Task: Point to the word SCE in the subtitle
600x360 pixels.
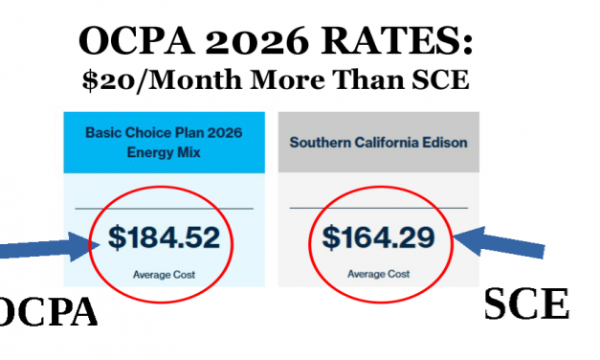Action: pos(440,82)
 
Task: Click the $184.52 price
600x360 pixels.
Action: pos(164,237)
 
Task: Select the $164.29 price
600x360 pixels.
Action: pos(378,237)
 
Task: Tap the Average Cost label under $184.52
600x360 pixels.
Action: pos(165,274)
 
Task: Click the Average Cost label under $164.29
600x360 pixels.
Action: pos(378,274)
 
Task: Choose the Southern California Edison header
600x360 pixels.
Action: pos(378,142)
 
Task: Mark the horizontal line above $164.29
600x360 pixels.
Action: pos(378,208)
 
